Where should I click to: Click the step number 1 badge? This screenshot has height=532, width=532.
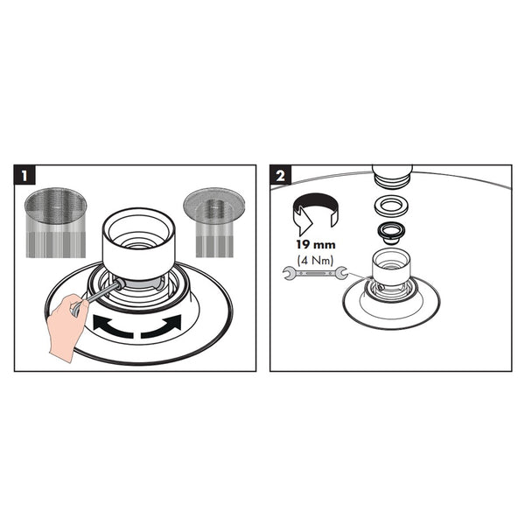pyautogui.click(x=24, y=175)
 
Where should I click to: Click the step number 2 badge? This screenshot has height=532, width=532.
pyautogui.click(x=280, y=175)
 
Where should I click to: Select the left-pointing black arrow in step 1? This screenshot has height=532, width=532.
pyautogui.click(x=112, y=326)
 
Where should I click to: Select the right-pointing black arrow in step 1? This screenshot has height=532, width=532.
pyautogui.click(x=162, y=326)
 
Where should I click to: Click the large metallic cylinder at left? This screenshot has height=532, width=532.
pyautogui.click(x=56, y=222)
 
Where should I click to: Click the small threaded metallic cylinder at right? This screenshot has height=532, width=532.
pyautogui.click(x=214, y=221)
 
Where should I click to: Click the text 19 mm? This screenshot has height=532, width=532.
pyautogui.click(x=316, y=245)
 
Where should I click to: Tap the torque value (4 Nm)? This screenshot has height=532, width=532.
pyautogui.click(x=316, y=261)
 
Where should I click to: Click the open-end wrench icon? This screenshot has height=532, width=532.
pyautogui.click(x=315, y=273)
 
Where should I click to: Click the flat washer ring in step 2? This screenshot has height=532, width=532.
pyautogui.click(x=391, y=205)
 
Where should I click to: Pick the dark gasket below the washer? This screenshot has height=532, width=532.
pyautogui.click(x=391, y=232)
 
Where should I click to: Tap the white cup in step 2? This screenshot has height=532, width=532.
pyautogui.click(x=391, y=267)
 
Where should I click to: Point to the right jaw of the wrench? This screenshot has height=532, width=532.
pyautogui.click(x=341, y=273)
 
